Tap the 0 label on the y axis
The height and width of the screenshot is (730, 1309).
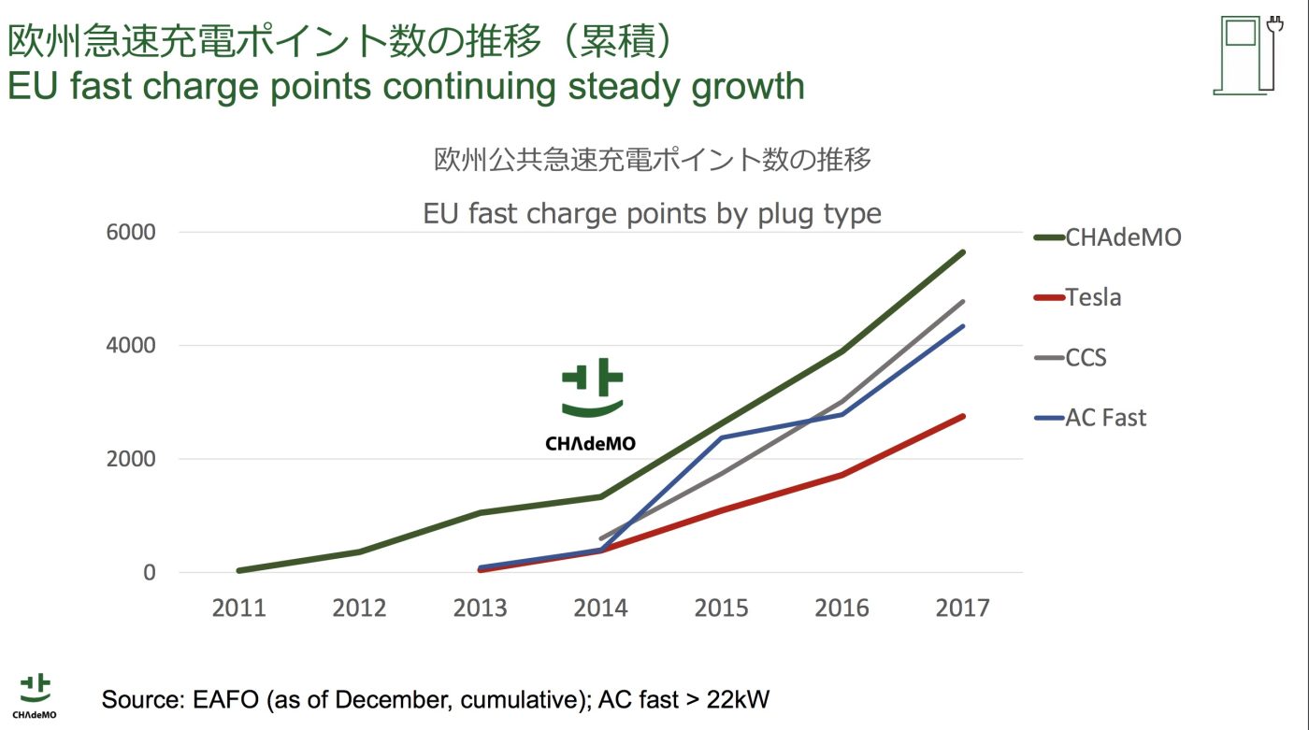coord(149,572)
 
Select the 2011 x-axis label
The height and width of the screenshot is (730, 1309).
coord(238,608)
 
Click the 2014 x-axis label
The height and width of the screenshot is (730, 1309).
coord(600,608)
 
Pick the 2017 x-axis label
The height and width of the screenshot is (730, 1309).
coord(962,608)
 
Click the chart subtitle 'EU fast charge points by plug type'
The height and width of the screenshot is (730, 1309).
coord(652,214)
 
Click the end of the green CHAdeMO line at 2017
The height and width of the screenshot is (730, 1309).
coord(963,252)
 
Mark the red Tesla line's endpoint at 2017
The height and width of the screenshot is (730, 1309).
coord(963,416)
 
